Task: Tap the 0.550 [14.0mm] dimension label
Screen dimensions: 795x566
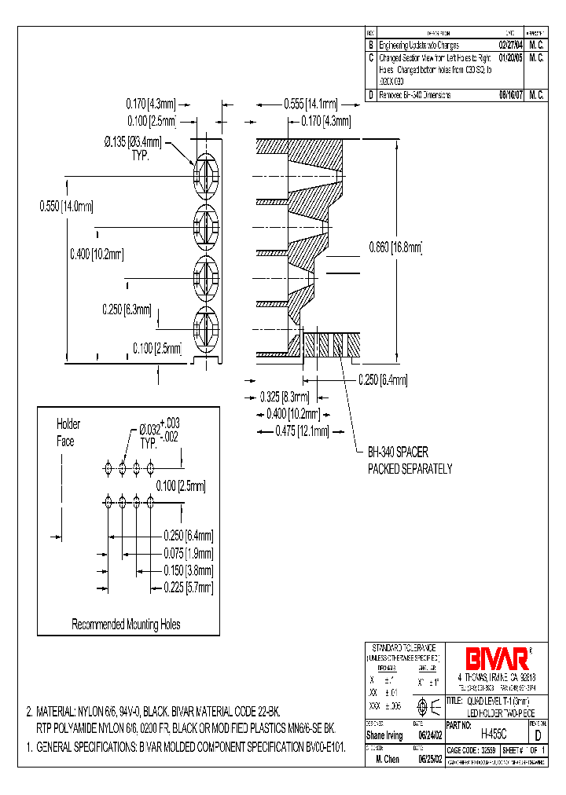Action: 66,207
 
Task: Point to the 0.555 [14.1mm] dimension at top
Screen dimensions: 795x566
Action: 311,104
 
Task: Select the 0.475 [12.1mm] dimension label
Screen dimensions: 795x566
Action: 301,430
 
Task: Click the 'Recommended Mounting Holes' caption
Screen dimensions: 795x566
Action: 126,625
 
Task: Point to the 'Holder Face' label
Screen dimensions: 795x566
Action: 68,433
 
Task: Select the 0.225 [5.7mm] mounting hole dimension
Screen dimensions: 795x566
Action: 188,587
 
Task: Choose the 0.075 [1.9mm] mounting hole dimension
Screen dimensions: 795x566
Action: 188,553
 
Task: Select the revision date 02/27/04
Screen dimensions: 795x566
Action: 505,46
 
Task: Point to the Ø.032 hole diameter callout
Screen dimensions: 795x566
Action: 160,430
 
